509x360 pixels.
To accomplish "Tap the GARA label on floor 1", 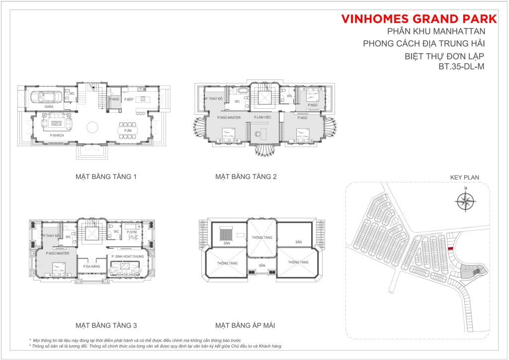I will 49,106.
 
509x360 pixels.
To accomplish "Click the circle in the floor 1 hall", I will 93,128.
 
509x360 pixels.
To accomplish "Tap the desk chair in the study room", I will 257,133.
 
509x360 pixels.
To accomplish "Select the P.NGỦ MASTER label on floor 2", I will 229,117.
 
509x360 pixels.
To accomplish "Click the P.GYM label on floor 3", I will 131,232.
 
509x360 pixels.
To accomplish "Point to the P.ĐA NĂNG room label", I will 90,268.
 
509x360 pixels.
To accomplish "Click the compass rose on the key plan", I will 465,201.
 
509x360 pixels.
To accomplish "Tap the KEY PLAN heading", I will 464,177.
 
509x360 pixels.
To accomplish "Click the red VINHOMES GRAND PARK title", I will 419,19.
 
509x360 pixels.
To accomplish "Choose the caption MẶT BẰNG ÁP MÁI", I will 245,326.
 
